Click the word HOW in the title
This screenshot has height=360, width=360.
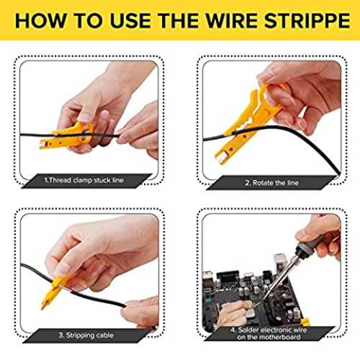[40, 21]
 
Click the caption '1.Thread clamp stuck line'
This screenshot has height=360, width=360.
[84, 180]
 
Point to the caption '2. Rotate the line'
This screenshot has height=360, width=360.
[271, 183]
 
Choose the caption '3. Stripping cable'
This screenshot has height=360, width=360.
[86, 335]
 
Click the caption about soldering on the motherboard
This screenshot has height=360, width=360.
[269, 333]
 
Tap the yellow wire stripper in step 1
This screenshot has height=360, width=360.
[67, 138]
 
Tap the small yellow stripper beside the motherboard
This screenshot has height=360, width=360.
[305, 322]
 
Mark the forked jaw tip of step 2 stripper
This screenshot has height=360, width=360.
[220, 158]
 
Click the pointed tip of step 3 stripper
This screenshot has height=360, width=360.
[42, 307]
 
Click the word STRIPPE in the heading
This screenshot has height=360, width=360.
[307, 21]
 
